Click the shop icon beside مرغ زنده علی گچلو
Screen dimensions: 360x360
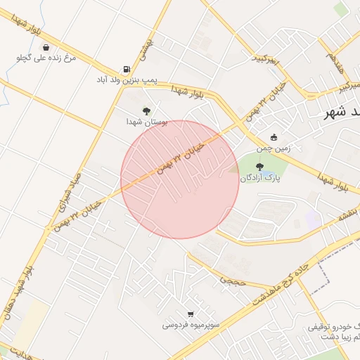coord(46,48)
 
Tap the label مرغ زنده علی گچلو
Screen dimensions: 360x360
coord(46,59)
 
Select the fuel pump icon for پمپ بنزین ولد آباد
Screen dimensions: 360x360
coord(127,69)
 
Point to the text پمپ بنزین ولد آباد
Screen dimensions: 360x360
coord(127,80)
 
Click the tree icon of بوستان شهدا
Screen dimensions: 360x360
coord(146,110)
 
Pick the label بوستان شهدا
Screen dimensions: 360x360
coord(145,122)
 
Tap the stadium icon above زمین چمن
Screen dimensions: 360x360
coord(274,137)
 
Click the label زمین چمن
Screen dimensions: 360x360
coord(274,148)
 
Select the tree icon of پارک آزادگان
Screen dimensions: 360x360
coord(260,167)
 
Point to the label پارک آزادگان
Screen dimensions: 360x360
coord(259,179)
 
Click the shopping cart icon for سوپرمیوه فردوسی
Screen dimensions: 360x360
coord(191,314)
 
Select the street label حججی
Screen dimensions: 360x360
coord(230,280)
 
